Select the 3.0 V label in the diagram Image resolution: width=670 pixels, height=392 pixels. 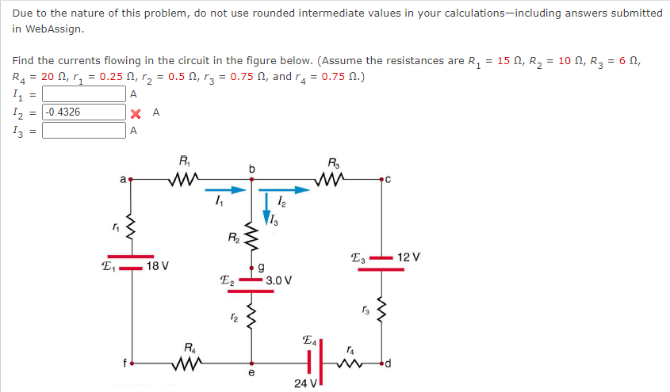point(279,280)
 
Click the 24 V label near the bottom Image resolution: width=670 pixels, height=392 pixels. point(304,382)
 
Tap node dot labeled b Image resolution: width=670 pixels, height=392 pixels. point(252,180)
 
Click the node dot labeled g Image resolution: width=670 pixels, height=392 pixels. point(252,269)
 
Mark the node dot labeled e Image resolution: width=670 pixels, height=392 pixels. point(252,365)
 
